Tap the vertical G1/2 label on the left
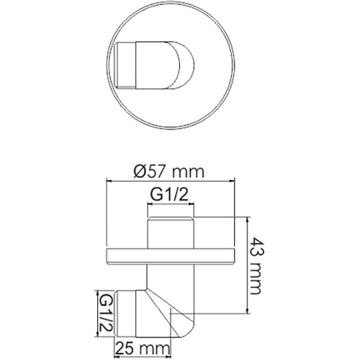click(x=105, y=311)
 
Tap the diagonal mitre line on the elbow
click(x=157, y=312)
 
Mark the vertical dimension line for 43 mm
click(x=246, y=265)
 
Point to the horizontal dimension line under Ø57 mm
click(x=169, y=179)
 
